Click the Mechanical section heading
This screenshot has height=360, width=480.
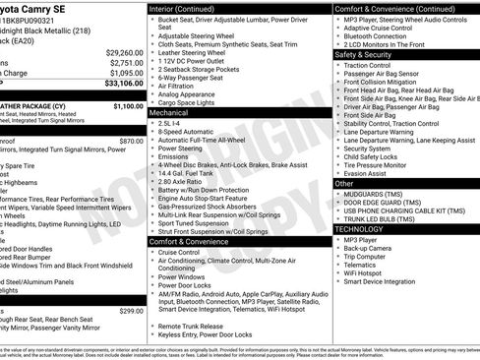click(169, 113)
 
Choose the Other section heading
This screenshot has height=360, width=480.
click(344, 183)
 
